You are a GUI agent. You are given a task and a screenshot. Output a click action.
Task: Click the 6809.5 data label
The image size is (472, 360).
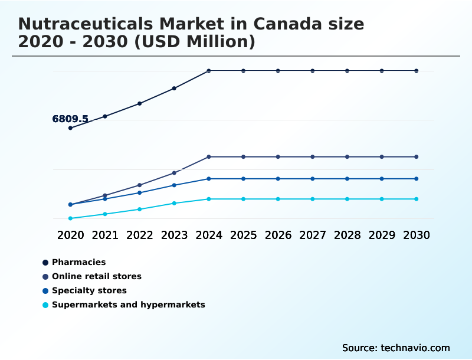(70, 119)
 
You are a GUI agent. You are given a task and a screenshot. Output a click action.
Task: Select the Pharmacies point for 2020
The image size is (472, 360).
(70, 128)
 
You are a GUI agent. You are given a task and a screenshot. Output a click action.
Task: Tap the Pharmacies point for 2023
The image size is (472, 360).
(174, 89)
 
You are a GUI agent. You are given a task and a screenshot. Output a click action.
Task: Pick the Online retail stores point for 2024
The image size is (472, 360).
(209, 157)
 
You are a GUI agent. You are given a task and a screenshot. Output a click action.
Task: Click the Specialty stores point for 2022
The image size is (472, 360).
(140, 193)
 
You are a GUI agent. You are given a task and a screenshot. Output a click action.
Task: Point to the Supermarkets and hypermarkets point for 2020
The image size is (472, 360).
(70, 218)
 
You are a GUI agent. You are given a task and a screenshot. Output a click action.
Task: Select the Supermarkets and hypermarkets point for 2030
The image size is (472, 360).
(417, 199)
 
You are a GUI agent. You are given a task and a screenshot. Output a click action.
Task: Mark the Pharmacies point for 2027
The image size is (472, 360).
(313, 71)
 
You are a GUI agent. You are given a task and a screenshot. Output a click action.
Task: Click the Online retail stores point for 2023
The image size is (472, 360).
(174, 173)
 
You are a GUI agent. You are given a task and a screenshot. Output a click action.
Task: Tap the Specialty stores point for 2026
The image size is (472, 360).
(278, 179)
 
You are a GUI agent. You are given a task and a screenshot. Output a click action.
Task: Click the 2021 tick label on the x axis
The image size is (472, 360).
(105, 235)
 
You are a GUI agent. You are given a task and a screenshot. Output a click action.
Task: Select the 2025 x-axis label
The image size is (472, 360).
(243, 235)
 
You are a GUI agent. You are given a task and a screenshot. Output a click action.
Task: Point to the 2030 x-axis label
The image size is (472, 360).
(417, 235)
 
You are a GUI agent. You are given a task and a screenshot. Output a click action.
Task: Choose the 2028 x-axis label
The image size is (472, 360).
(347, 235)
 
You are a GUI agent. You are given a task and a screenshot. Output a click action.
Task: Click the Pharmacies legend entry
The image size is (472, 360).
(78, 262)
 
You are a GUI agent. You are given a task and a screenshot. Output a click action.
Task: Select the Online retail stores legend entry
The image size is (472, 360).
(96, 276)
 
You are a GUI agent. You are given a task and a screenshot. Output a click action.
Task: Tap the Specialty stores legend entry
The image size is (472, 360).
(89, 290)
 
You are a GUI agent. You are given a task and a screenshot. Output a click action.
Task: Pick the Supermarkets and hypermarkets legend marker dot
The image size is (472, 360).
(45, 305)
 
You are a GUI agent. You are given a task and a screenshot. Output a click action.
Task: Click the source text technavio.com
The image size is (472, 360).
(414, 348)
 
